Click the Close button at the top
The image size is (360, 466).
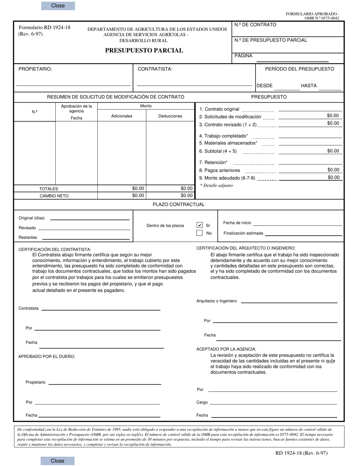click(58, 6)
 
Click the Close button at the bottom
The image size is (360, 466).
click(58, 461)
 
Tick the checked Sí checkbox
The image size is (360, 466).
click(200, 225)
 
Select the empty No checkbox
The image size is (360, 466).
click(200, 233)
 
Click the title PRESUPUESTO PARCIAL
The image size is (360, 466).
click(144, 50)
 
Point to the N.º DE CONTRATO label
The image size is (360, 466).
click(255, 25)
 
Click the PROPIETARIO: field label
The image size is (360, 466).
click(35, 69)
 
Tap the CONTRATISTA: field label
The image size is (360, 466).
click(155, 69)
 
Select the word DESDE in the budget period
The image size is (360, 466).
click(265, 86)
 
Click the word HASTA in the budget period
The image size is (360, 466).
click(308, 86)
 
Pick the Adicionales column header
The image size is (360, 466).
click(122, 116)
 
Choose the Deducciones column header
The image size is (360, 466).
click(170, 116)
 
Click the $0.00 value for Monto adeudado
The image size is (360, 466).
click(333, 177)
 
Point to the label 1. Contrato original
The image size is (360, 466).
click(219, 109)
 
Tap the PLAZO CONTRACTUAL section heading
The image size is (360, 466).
click(178, 205)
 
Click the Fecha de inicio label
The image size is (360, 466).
click(237, 223)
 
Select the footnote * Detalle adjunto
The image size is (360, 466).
click(216, 186)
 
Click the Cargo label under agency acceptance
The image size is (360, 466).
click(202, 402)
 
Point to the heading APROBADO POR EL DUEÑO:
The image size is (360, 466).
click(47, 357)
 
